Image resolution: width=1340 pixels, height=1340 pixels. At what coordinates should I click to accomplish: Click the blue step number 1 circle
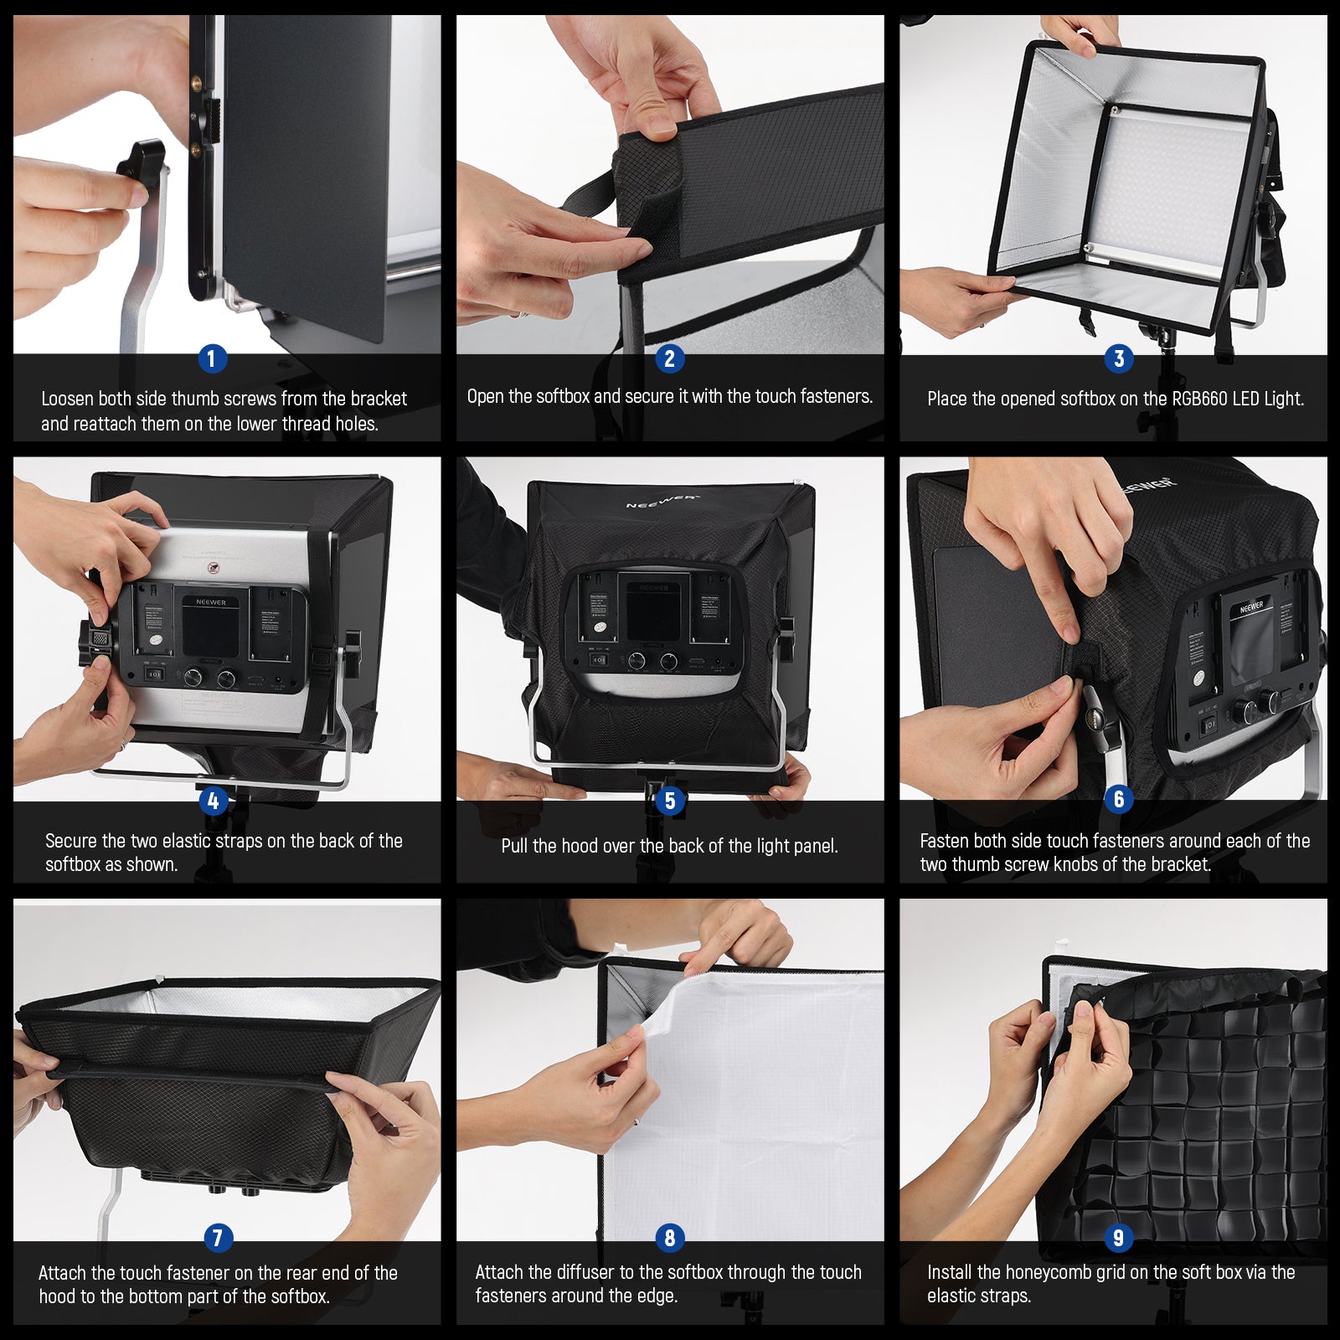pos(211,358)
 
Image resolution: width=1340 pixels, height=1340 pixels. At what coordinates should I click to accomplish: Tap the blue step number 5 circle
pos(669,801)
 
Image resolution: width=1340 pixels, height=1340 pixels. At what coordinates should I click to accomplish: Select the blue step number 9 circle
pos(1118,1237)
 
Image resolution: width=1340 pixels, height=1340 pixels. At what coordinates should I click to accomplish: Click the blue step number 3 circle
pos(1119,358)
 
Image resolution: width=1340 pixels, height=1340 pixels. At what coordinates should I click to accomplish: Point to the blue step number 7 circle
pos(218,1237)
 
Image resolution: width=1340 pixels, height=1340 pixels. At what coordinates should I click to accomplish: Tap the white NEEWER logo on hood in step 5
pos(661,501)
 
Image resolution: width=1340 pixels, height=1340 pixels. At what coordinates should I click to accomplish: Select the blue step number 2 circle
pos(669,358)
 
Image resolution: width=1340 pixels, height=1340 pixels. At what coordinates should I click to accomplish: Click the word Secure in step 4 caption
pos(70,841)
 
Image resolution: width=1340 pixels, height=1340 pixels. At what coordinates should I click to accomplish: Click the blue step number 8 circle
pos(669,1237)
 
